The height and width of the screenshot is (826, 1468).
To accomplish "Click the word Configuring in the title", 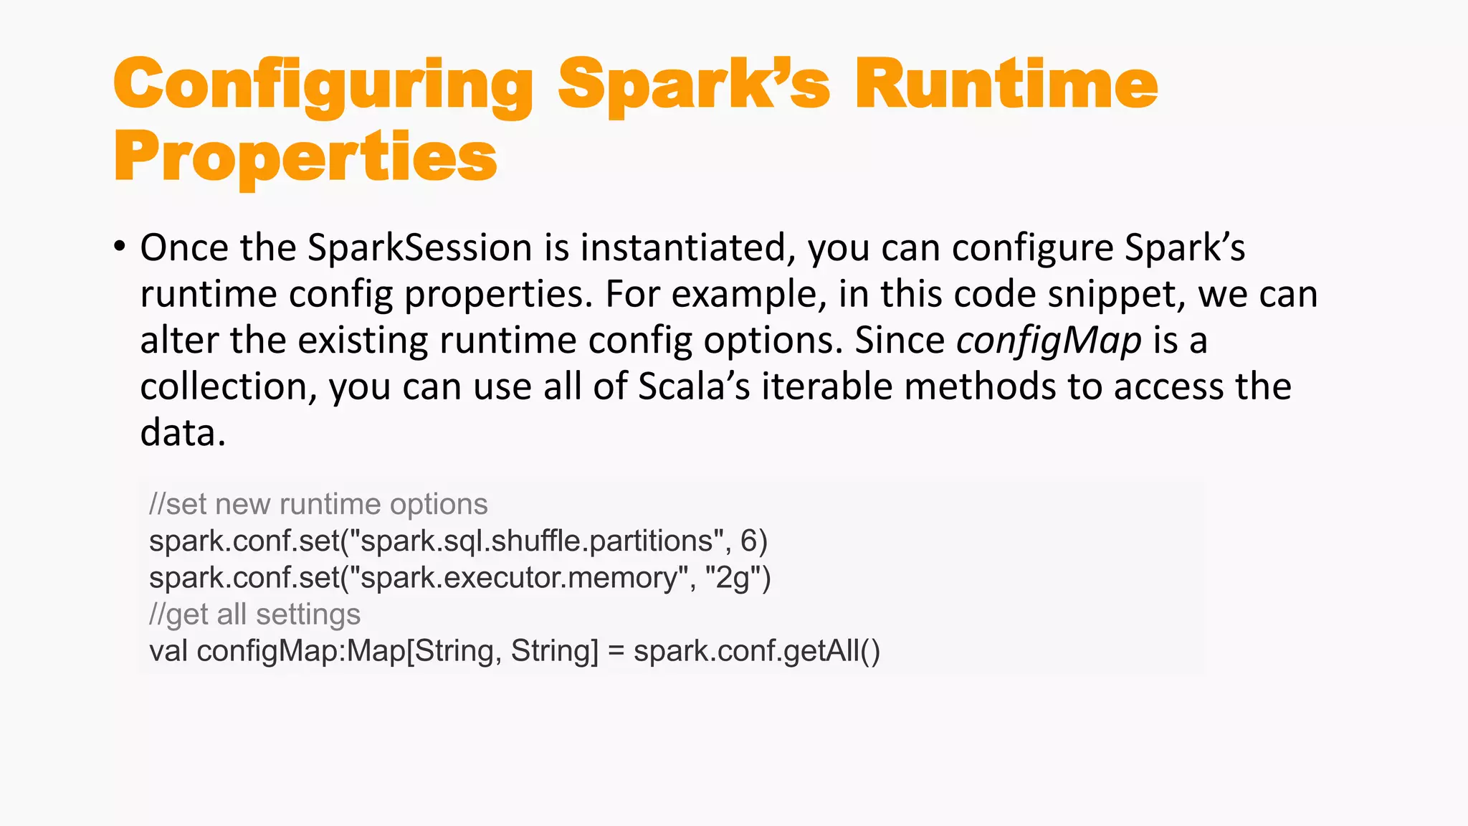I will click(323, 86).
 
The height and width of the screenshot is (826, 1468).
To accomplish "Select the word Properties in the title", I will click(305, 158).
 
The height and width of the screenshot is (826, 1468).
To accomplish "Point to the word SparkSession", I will click(419, 248).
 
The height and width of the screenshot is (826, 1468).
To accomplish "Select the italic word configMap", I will click(1049, 341).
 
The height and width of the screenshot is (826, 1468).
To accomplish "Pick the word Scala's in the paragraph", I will click(694, 386).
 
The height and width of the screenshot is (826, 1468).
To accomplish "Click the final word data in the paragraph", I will click(182, 433).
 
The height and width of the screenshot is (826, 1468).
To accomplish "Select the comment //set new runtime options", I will click(318, 504).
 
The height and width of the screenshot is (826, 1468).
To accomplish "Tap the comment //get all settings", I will click(254, 614).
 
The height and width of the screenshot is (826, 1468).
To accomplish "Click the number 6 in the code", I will click(749, 541).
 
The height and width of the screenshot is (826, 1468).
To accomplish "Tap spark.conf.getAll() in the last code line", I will click(756, 651).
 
